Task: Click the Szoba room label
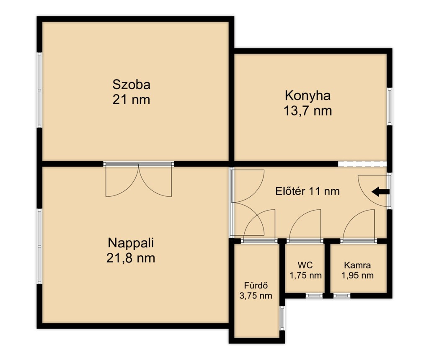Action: click(131, 85)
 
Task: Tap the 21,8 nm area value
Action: click(131, 258)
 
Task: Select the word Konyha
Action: click(308, 96)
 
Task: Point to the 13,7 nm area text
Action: click(308, 111)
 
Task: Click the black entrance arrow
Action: click(380, 192)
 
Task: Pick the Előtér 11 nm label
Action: click(308, 191)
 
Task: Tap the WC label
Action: click(305, 265)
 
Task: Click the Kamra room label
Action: click(357, 265)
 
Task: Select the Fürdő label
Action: click(256, 285)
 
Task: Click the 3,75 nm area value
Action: click(256, 296)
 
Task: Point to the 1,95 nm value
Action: click(357, 275)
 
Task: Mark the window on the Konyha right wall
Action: click(390, 107)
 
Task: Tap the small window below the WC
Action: click(314, 296)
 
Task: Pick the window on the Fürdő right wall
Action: click(282, 318)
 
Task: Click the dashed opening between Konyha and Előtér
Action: click(362, 164)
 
